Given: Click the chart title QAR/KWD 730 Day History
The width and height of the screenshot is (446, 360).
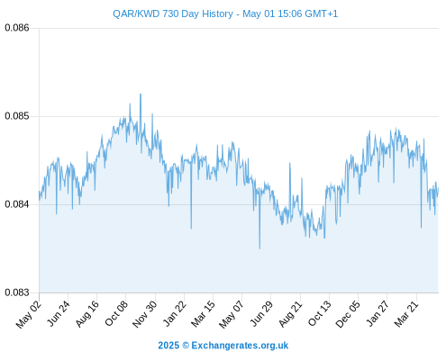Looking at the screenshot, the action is coord(173,13).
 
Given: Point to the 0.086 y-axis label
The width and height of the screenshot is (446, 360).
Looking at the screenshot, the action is coord(17,28).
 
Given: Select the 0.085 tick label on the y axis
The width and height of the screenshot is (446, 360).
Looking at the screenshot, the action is coord(17,116).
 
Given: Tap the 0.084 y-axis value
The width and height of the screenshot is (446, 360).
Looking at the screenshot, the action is coord(17,204).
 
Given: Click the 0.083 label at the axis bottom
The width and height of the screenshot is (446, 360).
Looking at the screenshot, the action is coord(17,292).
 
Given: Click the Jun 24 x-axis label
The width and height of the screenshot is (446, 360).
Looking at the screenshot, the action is coord(59,313).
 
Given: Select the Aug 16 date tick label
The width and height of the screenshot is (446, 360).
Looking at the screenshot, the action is coord(87,314).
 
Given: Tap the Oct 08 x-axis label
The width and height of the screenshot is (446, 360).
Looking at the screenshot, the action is coord(116,313).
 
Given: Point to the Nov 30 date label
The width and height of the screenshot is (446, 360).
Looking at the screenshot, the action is coord(145,314).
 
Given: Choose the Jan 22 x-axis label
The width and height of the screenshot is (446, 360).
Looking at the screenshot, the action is coord(175,313).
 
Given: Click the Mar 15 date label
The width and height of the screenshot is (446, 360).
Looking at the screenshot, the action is coord(204,314).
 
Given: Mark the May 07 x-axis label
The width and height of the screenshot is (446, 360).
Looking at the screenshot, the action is coord(232,314).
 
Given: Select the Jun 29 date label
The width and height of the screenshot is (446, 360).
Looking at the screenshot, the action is coord(261,313).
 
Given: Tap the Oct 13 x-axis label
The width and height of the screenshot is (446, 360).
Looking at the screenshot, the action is coord(320,313).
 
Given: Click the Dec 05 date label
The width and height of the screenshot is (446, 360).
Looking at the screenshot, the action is coord(348,314).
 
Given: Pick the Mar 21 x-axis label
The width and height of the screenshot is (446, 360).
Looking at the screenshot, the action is coord(406,314).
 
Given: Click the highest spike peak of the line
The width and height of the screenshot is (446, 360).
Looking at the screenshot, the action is coord(141,94).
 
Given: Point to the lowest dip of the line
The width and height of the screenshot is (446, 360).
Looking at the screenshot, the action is coord(259,248).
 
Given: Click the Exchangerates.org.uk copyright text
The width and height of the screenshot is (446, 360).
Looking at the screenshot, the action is coord(223,346).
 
